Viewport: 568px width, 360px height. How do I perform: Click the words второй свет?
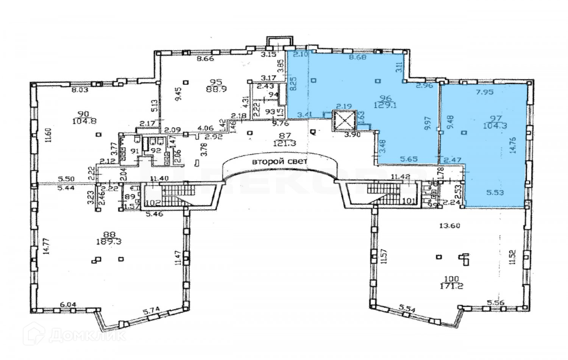point(279,161)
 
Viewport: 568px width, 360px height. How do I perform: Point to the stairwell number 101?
point(409,201)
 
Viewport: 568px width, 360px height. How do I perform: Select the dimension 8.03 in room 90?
point(80,90)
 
